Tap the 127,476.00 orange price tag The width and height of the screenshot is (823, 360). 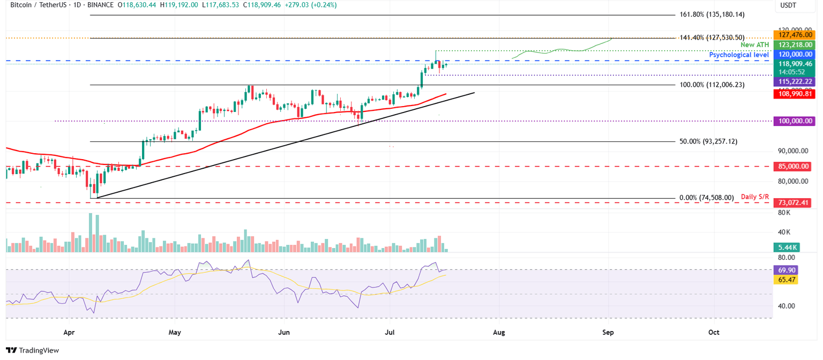(794, 34)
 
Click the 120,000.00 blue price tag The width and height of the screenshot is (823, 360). (794, 54)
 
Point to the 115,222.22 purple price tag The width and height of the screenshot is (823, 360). (794, 81)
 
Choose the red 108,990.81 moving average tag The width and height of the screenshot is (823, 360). (794, 94)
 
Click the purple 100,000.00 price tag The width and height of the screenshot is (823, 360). (794, 122)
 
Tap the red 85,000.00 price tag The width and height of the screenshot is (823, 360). (794, 167)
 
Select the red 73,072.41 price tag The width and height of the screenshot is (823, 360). (794, 202)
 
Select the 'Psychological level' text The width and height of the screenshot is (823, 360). (739, 55)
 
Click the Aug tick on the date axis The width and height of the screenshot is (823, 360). (499, 332)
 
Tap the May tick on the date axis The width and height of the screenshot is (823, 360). (175, 332)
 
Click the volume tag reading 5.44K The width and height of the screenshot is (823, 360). (786, 247)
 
